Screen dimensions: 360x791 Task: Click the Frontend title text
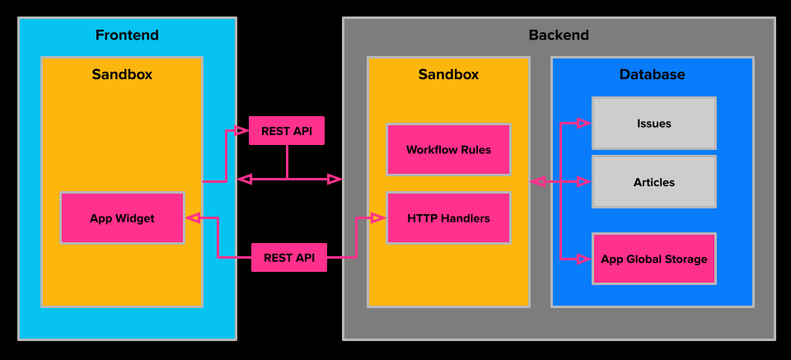[x=127, y=35]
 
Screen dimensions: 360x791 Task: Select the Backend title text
[x=559, y=35]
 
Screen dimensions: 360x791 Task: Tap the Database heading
[x=652, y=74]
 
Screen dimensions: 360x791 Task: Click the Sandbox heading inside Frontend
[x=122, y=74]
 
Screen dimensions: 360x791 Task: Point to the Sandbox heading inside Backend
[x=448, y=74]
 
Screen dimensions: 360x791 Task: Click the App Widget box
[x=122, y=218]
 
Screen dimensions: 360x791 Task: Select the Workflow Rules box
[x=448, y=150]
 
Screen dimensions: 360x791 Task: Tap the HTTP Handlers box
[x=448, y=218]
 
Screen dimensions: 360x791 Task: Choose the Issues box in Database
[x=653, y=124]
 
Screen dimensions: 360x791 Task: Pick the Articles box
[x=653, y=182]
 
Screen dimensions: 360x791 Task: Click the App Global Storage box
[x=653, y=259]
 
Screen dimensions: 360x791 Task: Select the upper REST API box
[x=287, y=130]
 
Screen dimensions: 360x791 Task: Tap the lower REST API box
[x=289, y=258]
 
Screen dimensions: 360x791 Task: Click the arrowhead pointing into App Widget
[x=193, y=218]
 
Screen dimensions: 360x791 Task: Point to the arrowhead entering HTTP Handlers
[x=378, y=218]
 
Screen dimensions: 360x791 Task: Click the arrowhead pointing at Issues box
[x=583, y=124]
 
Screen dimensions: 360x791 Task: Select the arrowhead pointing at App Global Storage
[x=583, y=259]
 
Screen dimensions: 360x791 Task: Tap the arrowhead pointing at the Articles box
[x=583, y=181]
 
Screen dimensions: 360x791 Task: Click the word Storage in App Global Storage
[x=685, y=259]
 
